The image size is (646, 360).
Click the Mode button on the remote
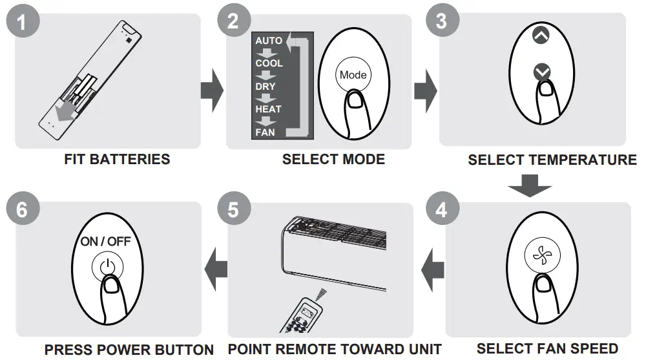(x=353, y=75)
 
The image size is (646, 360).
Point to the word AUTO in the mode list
(x=269, y=41)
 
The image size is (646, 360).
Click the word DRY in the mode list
(x=265, y=87)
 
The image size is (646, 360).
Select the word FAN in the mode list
(x=265, y=132)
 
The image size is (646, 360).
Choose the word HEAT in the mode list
(x=268, y=109)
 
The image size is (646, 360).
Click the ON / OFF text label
(x=105, y=242)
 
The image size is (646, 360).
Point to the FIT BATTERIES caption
(x=117, y=159)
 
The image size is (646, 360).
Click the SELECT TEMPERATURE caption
(x=552, y=160)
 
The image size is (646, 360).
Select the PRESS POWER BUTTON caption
(x=129, y=350)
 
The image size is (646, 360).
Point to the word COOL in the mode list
(x=269, y=63)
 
